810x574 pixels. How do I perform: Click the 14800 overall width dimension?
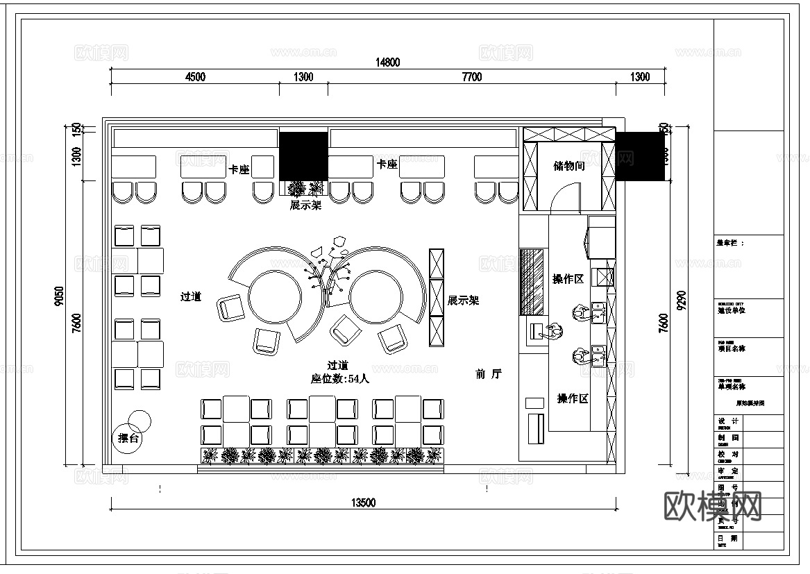point(388,62)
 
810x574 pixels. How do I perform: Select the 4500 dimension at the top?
point(195,77)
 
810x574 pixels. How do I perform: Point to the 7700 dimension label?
point(471,77)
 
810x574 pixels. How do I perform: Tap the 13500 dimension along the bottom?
point(363,503)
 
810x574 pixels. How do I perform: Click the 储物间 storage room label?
point(569,166)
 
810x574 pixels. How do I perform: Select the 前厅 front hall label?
point(489,374)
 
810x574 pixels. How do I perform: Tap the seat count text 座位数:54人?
point(339,379)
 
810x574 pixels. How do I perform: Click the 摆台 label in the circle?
point(130,438)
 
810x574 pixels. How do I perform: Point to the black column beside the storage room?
point(640,157)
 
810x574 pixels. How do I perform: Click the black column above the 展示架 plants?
point(303,156)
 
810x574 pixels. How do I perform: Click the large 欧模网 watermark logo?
point(713,506)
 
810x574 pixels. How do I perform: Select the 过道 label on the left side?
point(191,296)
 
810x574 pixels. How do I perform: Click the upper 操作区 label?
point(568,279)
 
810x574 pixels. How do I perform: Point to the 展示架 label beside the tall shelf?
point(463,301)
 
